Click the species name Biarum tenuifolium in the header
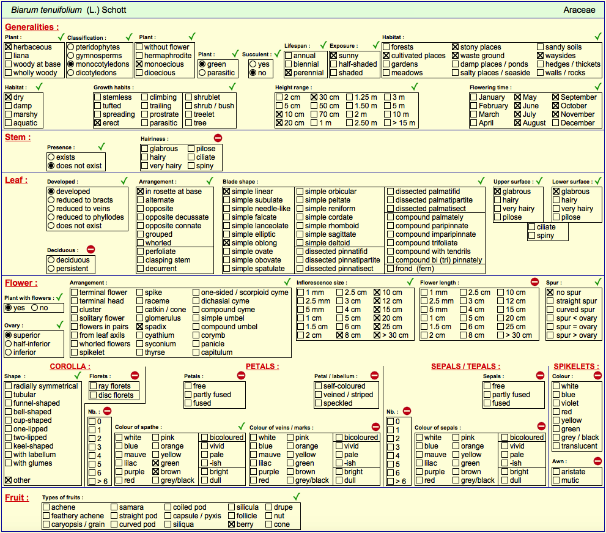click(x=46, y=10)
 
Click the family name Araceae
click(x=579, y=10)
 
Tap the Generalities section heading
click(x=32, y=27)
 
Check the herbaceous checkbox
click(x=8, y=47)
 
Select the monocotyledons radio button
click(x=71, y=64)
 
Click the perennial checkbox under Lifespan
click(x=288, y=73)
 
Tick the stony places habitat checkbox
click(x=456, y=47)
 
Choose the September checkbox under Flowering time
click(x=556, y=97)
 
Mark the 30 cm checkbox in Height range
click(x=314, y=97)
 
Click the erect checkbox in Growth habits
click(x=97, y=122)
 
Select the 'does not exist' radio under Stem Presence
click(x=51, y=166)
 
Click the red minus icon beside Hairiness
click(x=218, y=138)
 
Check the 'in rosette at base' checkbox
click(x=140, y=191)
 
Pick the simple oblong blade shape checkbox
click(x=226, y=243)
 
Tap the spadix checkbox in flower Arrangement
click(x=140, y=326)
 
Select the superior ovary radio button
click(x=8, y=335)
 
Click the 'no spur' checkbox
click(x=550, y=293)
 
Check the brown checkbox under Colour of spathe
click(x=156, y=471)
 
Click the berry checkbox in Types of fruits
click(x=232, y=524)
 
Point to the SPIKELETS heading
click(x=576, y=367)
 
